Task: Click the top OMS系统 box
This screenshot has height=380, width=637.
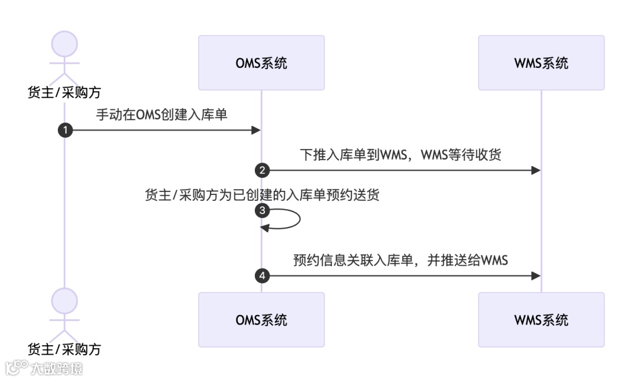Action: [261, 62]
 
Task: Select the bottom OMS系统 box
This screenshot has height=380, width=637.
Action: [261, 319]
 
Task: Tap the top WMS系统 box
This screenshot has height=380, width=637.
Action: [541, 62]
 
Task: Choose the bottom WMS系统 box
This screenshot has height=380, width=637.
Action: [541, 319]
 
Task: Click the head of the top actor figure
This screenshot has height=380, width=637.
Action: [64, 44]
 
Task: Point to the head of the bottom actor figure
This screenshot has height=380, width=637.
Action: [64, 301]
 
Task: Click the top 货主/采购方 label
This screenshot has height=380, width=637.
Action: [64, 92]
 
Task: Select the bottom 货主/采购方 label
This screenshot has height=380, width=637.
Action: [64, 349]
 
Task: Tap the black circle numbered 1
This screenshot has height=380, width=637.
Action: [64, 130]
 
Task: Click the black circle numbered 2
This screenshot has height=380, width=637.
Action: [261, 170]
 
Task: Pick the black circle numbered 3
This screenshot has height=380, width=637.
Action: [261, 210]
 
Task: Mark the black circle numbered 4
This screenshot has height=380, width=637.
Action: [261, 276]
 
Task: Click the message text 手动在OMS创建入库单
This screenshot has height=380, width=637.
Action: [162, 115]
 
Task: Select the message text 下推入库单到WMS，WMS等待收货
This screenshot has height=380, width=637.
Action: [401, 155]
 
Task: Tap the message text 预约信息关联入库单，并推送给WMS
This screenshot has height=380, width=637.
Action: [401, 260]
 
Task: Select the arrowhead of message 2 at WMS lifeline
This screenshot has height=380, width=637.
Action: [536, 170]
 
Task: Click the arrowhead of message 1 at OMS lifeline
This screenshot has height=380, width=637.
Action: [256, 130]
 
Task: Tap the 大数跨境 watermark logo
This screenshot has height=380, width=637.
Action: [44, 369]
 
